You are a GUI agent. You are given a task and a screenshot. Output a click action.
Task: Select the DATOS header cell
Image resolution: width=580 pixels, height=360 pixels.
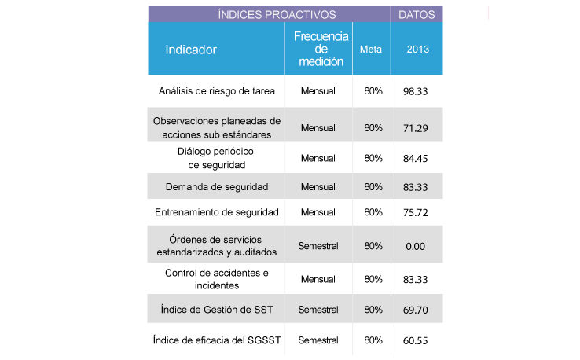[417, 14]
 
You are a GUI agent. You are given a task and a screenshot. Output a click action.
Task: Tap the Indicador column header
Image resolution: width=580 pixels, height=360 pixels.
[191, 50]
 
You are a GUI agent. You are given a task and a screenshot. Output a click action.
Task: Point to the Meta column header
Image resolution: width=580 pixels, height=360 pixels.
[371, 50]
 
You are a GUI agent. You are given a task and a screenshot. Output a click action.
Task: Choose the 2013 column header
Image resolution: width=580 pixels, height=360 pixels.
[417, 50]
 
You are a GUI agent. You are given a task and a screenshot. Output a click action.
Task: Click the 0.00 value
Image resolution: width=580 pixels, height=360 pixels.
[416, 246]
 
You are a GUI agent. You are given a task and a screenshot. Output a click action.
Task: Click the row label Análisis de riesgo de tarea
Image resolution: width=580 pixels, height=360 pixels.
[217, 91]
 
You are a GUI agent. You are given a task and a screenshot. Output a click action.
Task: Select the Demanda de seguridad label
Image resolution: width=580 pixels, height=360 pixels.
[217, 187]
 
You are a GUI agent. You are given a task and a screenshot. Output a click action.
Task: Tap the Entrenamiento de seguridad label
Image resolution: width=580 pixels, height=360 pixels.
[217, 212]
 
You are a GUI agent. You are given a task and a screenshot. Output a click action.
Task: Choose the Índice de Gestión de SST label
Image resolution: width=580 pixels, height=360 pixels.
[217, 310]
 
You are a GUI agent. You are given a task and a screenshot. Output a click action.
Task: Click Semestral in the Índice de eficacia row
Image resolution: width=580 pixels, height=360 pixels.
[318, 340]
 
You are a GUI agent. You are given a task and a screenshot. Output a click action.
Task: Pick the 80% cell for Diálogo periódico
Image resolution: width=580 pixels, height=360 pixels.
[373, 158]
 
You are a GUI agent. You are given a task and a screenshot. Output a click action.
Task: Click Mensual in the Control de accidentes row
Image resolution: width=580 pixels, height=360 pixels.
[318, 279]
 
